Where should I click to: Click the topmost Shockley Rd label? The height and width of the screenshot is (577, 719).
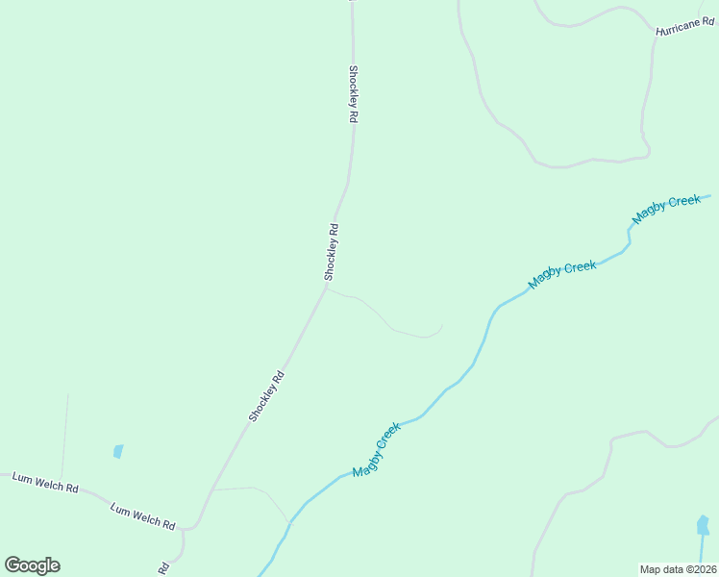(353, 93)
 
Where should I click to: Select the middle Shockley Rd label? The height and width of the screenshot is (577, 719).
(332, 252)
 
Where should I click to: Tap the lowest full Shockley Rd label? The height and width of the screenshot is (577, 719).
(267, 396)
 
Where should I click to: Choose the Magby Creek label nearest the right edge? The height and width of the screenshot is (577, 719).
(666, 209)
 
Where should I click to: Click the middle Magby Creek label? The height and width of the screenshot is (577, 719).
(562, 274)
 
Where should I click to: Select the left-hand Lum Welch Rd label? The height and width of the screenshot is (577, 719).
(45, 482)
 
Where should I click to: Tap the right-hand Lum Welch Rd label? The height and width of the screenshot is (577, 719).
(142, 516)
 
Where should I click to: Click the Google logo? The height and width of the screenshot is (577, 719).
(33, 565)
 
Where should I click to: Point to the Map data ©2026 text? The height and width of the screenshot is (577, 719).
(679, 569)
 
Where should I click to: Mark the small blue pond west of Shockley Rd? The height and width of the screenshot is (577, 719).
(118, 450)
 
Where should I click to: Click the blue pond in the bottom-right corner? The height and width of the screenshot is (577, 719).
(703, 526)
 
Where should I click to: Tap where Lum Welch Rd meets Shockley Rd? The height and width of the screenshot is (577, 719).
(195, 525)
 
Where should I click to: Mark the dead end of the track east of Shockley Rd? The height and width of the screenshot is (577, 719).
(441, 327)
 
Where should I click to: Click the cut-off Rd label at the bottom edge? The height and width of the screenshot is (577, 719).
(163, 568)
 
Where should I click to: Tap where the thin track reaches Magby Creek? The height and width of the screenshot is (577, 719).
(288, 522)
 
